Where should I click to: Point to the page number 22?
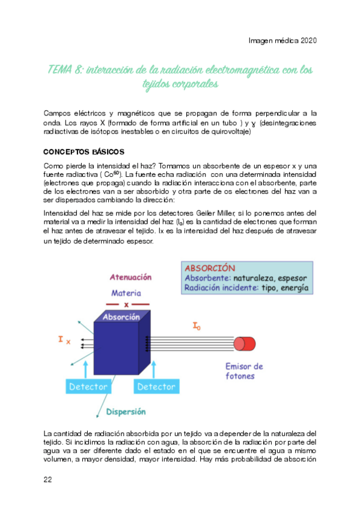coord(48,479)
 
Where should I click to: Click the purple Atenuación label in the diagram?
coord(130,277)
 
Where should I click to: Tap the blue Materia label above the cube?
coord(126,293)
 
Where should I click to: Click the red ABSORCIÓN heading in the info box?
coord(210,268)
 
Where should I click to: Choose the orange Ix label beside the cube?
coord(64,340)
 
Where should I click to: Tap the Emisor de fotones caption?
coord(244,371)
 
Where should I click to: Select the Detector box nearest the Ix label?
coord(88,387)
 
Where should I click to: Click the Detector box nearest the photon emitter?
coord(156,387)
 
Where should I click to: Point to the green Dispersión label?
coord(126,412)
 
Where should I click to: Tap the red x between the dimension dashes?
coord(126,305)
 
